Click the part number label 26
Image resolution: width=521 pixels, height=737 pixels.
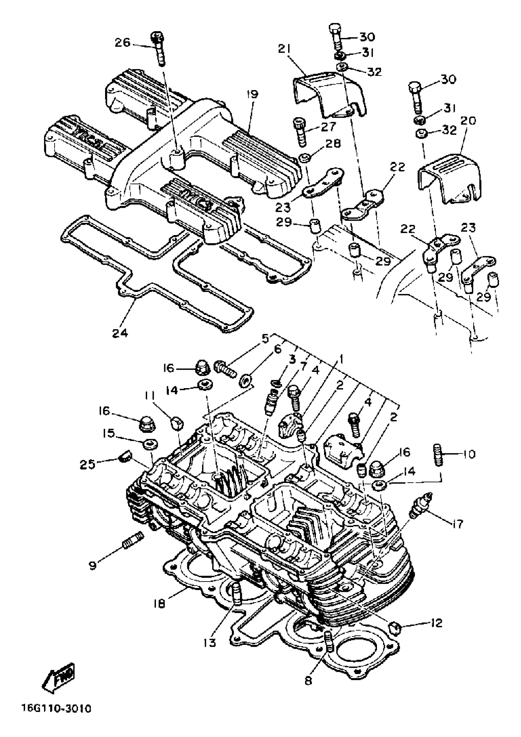pyautogui.click(x=123, y=42)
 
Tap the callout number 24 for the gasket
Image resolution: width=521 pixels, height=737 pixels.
pyautogui.click(x=120, y=333)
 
